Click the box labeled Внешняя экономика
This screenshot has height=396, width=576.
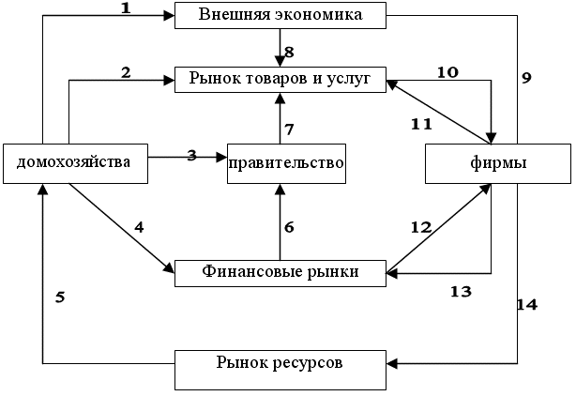(280, 15)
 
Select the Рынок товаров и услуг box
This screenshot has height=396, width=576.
(280, 80)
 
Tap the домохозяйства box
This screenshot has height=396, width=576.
(75, 163)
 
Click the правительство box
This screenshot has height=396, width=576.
(286, 163)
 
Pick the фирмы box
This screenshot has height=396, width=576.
(498, 163)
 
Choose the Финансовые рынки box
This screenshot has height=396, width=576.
(280, 273)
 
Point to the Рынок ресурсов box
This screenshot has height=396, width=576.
(280, 370)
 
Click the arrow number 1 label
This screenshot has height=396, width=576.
(126, 8)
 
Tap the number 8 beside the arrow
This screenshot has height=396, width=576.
(290, 53)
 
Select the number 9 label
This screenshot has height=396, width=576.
(527, 78)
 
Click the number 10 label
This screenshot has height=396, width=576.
(447, 72)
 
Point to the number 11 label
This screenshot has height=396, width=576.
(421, 125)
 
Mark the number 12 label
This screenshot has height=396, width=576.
(421, 228)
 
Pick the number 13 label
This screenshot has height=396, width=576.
(461, 292)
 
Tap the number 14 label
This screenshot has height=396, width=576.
(527, 305)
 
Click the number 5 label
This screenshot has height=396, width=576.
(60, 297)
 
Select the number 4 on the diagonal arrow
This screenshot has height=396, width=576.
(139, 228)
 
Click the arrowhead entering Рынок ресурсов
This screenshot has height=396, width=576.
(392, 364)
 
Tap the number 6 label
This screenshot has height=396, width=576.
(290, 228)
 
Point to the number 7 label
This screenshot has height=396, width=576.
(290, 129)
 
